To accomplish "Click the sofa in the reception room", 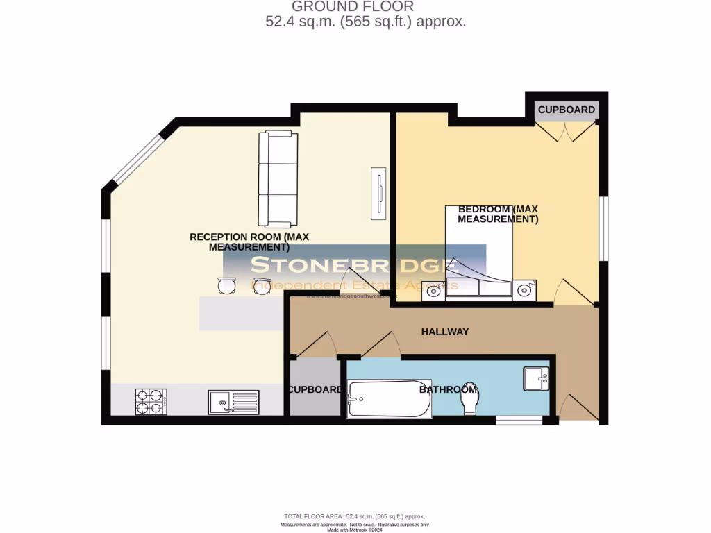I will [278, 179].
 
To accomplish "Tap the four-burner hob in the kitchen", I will [151, 402].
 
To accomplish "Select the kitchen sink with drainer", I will [233, 402].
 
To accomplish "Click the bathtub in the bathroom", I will [389, 398].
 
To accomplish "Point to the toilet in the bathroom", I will [470, 398].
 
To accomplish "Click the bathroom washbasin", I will [536, 379].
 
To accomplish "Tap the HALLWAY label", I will [445, 332].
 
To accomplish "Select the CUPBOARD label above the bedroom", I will [567, 110].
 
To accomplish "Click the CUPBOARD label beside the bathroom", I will [315, 389].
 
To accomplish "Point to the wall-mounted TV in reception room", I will [379, 194].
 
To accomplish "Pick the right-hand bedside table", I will [524, 289].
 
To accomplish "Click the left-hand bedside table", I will [433, 290].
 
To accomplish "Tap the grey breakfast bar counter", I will [242, 313].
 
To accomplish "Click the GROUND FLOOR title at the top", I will [352, 7].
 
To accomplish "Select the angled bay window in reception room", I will [137, 159].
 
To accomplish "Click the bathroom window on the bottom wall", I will [519, 420].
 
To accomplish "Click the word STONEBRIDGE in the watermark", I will [354, 265].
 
